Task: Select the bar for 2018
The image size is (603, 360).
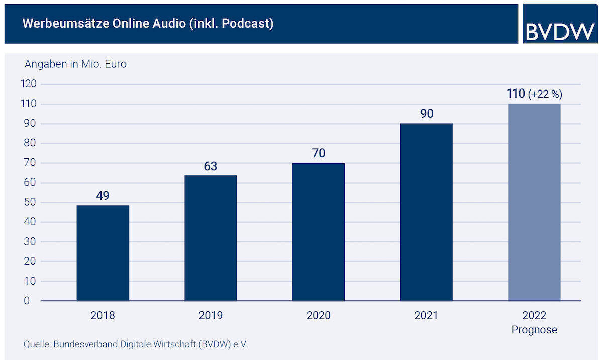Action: [103, 253]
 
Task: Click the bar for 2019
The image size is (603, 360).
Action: [211, 238]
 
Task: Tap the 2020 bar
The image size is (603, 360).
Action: [319, 232]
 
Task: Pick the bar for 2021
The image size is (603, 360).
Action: [426, 212]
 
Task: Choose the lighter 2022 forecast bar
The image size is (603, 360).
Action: [534, 202]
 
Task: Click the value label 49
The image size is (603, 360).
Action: [103, 196]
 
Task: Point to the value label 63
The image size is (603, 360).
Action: [211, 166]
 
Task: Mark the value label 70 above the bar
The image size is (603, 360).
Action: [319, 153]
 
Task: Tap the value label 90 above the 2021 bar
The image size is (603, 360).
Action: [426, 114]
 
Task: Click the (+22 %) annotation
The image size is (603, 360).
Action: [545, 94]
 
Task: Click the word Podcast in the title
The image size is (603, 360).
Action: [252, 24]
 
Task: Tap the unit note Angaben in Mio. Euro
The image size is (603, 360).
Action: [75, 64]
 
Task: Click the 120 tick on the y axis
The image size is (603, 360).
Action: [29, 84]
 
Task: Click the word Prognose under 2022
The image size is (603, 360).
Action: [534, 330]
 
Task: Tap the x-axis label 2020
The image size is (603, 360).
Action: [319, 316]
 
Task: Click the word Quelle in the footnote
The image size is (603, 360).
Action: [36, 345]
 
